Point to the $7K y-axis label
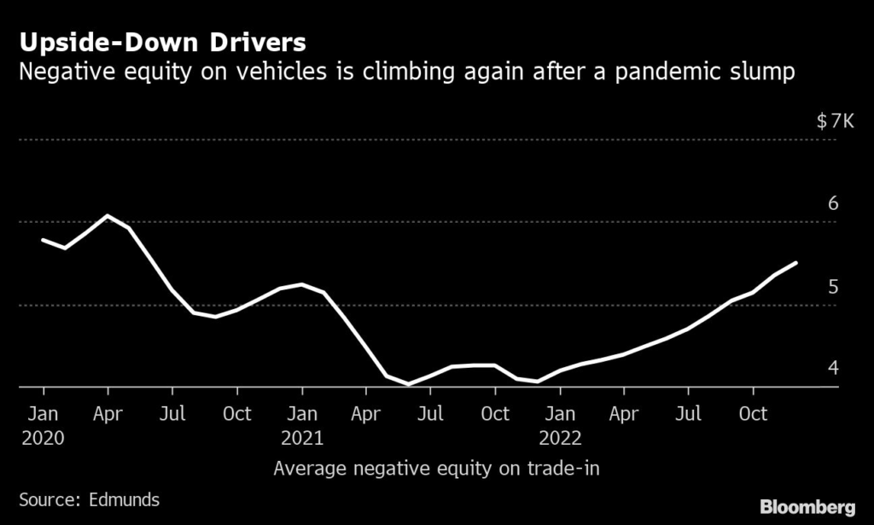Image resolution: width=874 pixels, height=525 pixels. click(x=834, y=122)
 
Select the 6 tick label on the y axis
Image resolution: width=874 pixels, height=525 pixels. click(x=833, y=203)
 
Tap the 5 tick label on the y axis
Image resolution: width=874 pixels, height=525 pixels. click(x=833, y=286)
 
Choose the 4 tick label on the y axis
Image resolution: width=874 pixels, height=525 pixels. click(x=833, y=368)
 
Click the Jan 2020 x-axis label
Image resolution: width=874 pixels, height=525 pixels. click(x=43, y=424)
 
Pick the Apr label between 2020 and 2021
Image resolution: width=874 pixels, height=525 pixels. click(x=108, y=413)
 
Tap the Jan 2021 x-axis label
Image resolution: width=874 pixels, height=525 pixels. click(x=302, y=424)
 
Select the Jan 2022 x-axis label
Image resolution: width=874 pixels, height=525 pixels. click(x=560, y=424)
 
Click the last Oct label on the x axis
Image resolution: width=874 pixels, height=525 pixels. click(x=752, y=413)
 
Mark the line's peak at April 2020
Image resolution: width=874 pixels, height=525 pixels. click(x=107, y=215)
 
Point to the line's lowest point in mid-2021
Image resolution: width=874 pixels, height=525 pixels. click(x=409, y=384)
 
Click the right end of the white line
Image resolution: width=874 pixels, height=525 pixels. click(x=796, y=263)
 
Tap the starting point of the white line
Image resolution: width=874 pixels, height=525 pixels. click(x=43, y=240)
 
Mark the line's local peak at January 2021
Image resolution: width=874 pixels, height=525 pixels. click(x=302, y=284)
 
